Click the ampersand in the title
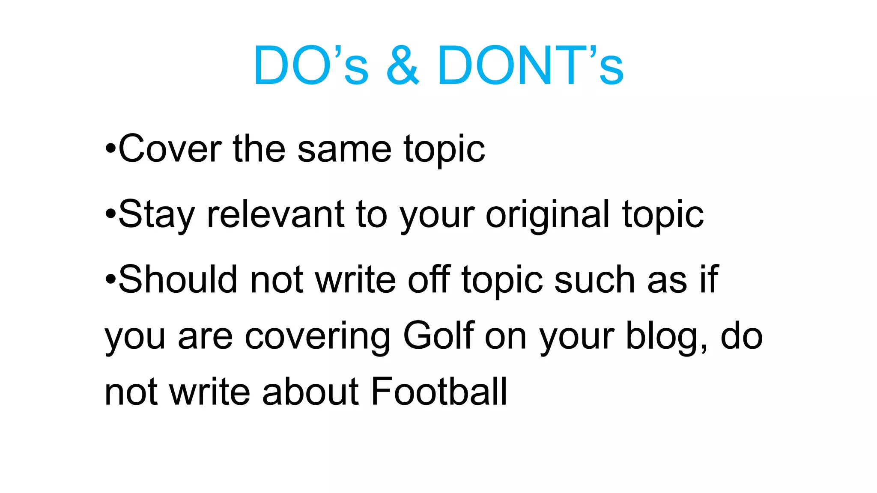[403, 65]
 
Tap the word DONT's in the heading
[530, 65]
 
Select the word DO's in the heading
[310, 65]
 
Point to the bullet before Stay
[110, 214]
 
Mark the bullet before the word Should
[110, 280]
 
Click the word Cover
[170, 149]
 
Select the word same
[344, 149]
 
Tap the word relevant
[275, 214]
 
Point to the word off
[429, 279]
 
